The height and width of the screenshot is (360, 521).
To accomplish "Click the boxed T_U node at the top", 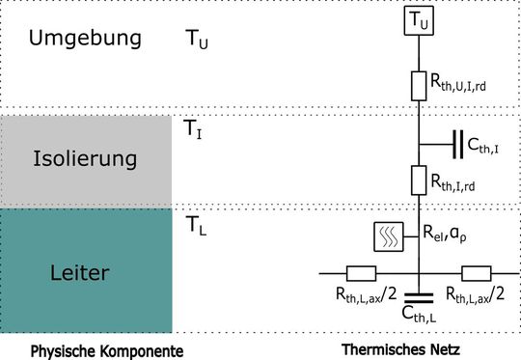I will click(x=418, y=18).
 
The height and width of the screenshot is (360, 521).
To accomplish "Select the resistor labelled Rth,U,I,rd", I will click(x=418, y=85).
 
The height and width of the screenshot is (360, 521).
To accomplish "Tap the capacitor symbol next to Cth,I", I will click(x=454, y=145).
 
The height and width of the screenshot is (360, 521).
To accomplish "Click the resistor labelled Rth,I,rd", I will click(x=418, y=180).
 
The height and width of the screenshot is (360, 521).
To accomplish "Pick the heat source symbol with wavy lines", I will click(x=388, y=235).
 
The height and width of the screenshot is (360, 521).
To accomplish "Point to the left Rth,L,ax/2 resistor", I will click(x=361, y=273).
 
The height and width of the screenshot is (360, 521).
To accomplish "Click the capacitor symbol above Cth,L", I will click(x=418, y=294).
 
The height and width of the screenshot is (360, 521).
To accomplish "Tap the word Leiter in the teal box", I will click(x=86, y=273).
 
